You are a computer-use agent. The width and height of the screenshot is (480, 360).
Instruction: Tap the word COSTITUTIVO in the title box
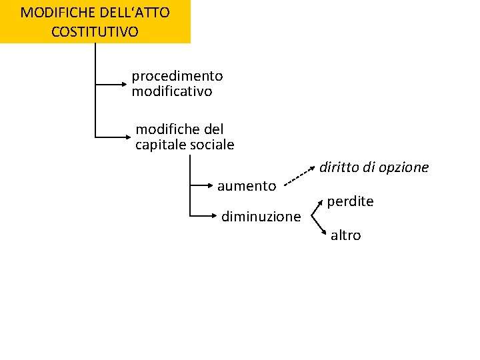coord(95,31)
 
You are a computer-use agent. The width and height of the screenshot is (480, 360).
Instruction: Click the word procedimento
coord(177,77)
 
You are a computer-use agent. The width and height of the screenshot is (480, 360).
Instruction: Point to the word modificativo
coord(172,91)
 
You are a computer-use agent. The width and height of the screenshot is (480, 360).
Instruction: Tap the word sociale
coord(213,144)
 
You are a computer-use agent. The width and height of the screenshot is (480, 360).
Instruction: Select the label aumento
coord(247,185)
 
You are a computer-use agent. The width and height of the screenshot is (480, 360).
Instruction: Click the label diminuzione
coord(261,216)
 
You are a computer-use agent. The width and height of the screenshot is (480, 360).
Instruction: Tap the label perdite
coord(350,201)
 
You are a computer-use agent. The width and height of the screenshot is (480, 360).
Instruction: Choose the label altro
coord(345,235)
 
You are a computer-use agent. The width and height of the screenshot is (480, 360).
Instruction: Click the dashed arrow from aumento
coord(297,177)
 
